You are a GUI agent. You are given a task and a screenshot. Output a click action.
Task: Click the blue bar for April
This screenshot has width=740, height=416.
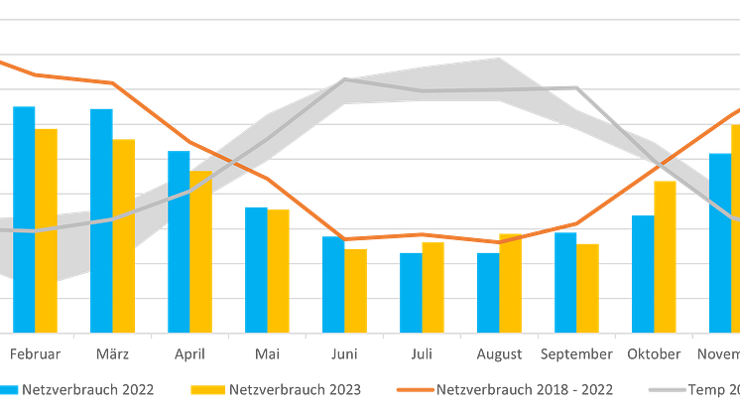(x=179, y=240)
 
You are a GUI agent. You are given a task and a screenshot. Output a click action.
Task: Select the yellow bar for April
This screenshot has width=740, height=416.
(x=202, y=251)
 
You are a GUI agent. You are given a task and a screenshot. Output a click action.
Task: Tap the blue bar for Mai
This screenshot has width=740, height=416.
(x=257, y=268)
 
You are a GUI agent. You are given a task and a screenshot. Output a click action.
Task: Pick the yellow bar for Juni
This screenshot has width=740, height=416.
(x=357, y=289)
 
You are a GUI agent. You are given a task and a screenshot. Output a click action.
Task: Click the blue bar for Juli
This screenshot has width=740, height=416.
(x=410, y=291)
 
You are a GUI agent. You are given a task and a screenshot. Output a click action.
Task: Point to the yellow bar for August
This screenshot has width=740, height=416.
(x=511, y=283)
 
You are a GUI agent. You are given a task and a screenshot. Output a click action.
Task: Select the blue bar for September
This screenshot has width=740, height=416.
(x=565, y=282)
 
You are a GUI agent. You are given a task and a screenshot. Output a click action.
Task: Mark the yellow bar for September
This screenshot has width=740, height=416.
(x=589, y=286)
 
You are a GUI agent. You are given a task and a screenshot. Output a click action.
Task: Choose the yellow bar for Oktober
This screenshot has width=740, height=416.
(x=665, y=255)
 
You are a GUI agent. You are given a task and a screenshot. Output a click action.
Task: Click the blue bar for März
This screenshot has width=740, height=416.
(x=101, y=218)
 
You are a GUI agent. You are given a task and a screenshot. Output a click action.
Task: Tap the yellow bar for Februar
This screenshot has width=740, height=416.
(x=48, y=229)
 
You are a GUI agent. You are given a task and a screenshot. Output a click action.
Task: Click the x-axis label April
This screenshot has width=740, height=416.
(x=189, y=353)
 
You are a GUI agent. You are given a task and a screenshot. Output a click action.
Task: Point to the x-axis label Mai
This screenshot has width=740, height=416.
(x=267, y=353)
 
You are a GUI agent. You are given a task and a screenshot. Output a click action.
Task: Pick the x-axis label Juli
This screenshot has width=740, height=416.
(x=422, y=353)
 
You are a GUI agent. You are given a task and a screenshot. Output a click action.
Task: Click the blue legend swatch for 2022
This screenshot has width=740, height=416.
(x=9, y=389)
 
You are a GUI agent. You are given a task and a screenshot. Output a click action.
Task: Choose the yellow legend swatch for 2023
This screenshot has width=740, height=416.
(x=209, y=389)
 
